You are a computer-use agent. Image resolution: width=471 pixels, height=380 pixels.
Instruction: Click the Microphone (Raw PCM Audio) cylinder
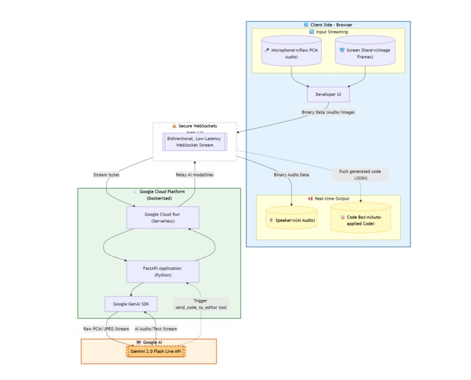coord(291,54)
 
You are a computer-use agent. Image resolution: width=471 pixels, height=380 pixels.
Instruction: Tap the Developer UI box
coord(328,95)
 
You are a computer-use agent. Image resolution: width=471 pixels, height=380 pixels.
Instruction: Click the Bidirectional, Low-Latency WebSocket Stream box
coord(195,142)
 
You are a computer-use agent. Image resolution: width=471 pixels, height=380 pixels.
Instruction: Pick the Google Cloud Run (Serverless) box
coord(162,218)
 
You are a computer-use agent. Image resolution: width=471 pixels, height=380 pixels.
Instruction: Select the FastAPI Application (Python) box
coord(162,271)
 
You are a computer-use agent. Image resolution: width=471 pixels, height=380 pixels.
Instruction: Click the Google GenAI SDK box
coord(131,304)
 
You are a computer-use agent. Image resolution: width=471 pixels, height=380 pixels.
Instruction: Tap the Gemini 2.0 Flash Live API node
coord(156,351)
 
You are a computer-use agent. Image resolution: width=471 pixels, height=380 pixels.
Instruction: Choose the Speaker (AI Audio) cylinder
coord(291,220)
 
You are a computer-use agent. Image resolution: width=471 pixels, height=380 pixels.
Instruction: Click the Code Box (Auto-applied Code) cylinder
coord(361,220)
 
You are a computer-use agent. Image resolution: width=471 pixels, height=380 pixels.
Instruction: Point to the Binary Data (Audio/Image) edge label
coord(329,112)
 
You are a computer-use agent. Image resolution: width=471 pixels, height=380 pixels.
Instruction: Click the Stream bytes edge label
coord(107,174)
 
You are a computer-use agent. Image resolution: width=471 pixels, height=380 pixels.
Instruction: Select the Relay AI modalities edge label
coord(195,174)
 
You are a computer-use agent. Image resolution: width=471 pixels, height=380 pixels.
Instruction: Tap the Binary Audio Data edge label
coord(291,174)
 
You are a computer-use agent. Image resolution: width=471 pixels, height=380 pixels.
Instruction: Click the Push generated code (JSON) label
coord(360,174)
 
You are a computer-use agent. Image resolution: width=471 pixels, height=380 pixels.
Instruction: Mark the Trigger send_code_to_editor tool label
coord(201,304)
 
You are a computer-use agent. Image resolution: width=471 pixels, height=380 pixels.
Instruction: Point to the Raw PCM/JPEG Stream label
coord(106,328)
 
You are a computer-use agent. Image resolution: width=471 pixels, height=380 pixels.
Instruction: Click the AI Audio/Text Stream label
coord(156,328)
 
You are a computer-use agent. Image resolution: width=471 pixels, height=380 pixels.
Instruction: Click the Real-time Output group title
coord(329,199)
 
